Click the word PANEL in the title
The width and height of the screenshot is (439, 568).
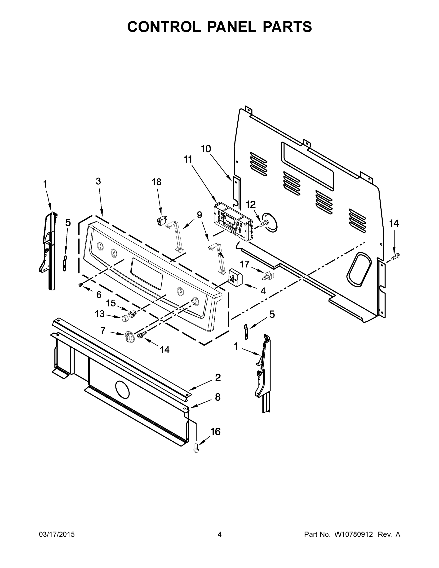[231, 27]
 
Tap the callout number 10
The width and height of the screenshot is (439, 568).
[206, 149]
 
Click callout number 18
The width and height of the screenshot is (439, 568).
[157, 182]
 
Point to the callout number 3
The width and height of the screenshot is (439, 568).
[98, 181]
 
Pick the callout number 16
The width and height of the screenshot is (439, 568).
[215, 431]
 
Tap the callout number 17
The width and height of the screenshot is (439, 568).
[244, 264]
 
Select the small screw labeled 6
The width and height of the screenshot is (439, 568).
[81, 285]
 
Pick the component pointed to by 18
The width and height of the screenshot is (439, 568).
[161, 221]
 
